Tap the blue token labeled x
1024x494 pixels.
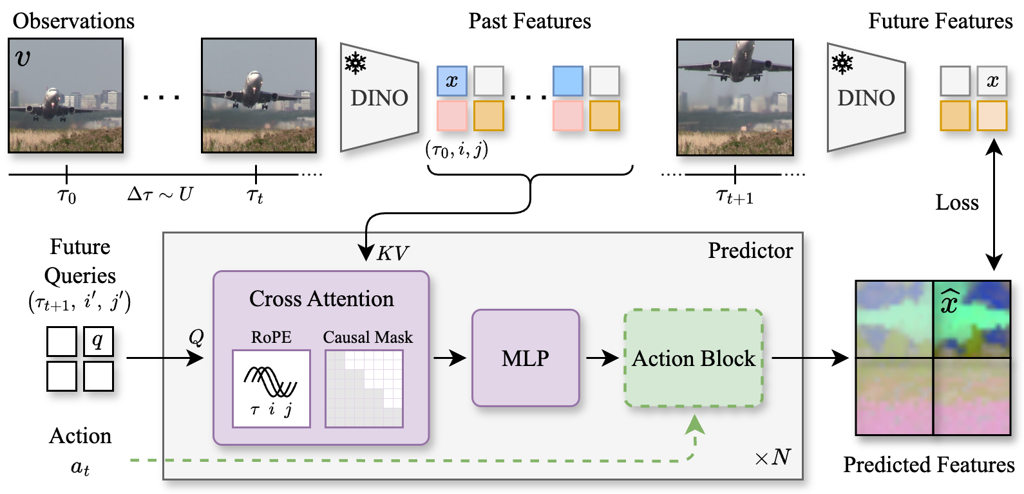tap(452, 81)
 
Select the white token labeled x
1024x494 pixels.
tap(992, 81)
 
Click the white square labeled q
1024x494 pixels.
tap(99, 341)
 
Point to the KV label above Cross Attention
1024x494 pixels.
tap(392, 254)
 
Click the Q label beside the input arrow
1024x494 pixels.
tap(196, 337)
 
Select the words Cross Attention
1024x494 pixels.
tap(321, 299)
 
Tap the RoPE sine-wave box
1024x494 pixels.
tap(271, 389)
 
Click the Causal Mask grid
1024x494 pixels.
tap(364, 389)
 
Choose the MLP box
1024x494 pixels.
tap(526, 358)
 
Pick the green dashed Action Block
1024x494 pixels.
tap(694, 358)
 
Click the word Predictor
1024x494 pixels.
tap(750, 251)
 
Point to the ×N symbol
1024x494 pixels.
tap(773, 457)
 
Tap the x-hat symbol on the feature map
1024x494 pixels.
tap(950, 301)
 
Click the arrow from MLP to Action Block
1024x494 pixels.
tap(603, 358)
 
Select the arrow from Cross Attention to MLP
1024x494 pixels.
tap(450, 358)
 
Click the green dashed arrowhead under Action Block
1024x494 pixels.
tap(694, 425)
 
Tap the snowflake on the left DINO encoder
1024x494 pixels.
tap(356, 64)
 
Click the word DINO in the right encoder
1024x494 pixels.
tap(866, 98)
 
